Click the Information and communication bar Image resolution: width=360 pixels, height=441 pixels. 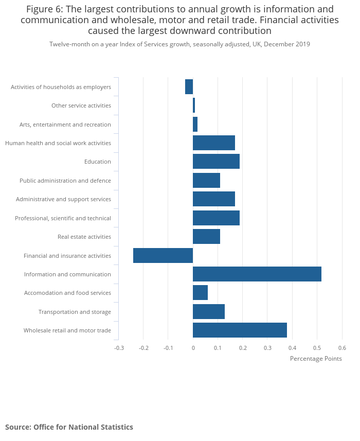[x=257, y=274]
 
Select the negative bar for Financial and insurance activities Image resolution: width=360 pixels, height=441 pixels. [x=163, y=256]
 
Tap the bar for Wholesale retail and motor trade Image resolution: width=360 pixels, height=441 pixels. [x=240, y=330]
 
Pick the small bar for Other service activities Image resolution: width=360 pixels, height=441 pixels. [x=194, y=105]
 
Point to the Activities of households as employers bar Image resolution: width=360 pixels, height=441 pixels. [x=189, y=87]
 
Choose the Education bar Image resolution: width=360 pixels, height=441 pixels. [x=216, y=162]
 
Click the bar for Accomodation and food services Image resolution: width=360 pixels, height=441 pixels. [x=200, y=293]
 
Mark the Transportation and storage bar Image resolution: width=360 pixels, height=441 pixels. [x=209, y=312]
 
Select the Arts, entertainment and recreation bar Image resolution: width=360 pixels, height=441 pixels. [x=195, y=125]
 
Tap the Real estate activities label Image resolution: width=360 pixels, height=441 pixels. [x=84, y=237]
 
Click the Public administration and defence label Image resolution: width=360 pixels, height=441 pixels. [x=65, y=181]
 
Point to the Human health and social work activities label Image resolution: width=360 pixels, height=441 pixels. [x=58, y=143]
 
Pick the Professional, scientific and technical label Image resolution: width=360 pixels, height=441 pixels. [x=63, y=218]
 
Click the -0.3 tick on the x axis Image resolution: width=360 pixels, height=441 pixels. [x=119, y=348]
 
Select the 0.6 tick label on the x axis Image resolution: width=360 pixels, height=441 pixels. [x=342, y=348]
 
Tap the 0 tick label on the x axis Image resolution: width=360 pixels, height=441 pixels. [x=193, y=348]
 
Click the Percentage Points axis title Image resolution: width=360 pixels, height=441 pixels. [x=316, y=359]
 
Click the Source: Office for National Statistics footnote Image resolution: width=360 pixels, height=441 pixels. [x=69, y=427]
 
